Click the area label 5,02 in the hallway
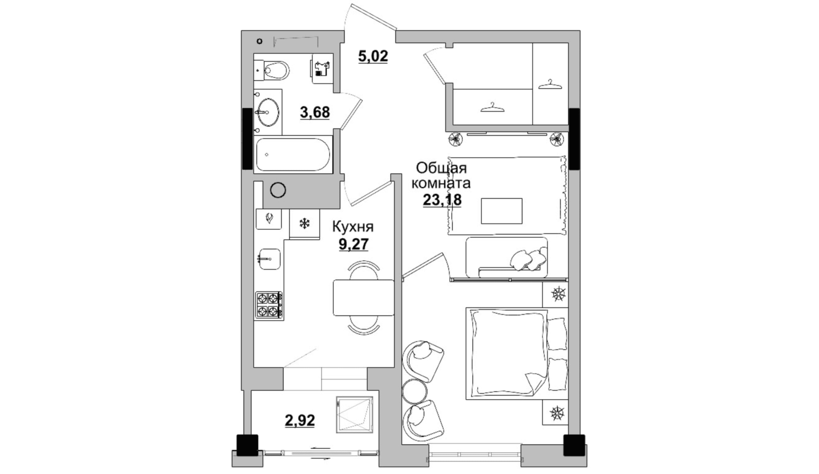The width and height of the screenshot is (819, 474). (373, 57)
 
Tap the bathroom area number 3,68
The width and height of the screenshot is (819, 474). (315, 113)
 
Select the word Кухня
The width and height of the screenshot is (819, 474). (353, 227)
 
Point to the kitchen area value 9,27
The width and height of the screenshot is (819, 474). (353, 244)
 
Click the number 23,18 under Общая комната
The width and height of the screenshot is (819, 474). (442, 200)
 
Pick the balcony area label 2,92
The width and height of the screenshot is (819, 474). (300, 420)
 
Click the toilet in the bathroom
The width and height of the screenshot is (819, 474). (272, 71)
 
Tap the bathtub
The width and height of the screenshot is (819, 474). (293, 154)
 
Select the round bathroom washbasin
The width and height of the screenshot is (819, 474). (269, 112)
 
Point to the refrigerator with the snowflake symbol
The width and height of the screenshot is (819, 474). (304, 224)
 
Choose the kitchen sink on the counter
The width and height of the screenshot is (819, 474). (270, 259)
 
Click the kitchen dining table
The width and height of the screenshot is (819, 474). (364, 298)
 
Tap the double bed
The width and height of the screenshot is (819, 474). (516, 354)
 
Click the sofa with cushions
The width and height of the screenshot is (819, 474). (507, 257)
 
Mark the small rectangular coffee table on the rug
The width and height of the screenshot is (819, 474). (501, 211)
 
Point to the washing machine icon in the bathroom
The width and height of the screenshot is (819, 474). (323, 68)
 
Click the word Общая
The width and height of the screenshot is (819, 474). (441, 169)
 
